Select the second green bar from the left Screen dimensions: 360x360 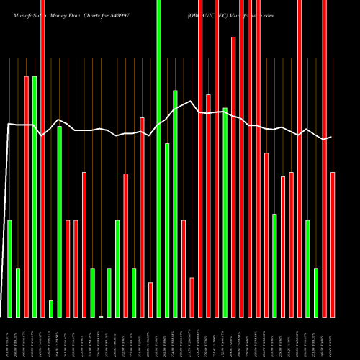click(x=18, y=292)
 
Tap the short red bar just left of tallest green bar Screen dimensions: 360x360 click(x=150, y=299)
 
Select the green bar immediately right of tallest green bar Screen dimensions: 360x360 click(x=167, y=230)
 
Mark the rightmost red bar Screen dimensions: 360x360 click(x=333, y=244)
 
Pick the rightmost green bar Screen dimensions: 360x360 click(x=316, y=292)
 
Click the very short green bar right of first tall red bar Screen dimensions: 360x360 click(x=51, y=308)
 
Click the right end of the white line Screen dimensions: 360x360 click(x=331, y=137)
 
